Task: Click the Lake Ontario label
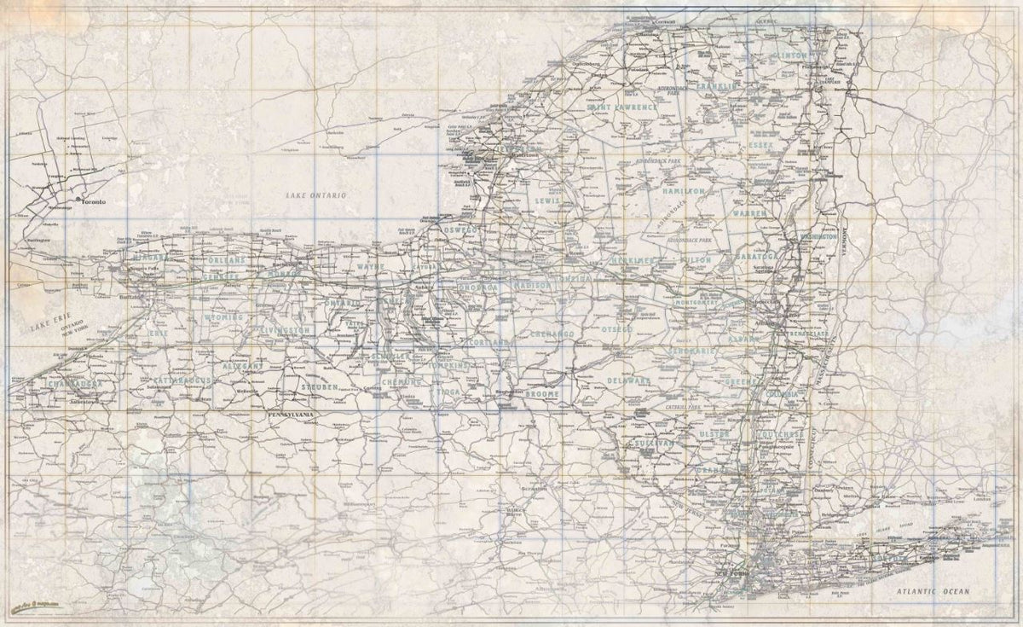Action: [317, 196]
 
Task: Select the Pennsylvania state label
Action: [292, 415]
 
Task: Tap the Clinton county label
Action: [789, 55]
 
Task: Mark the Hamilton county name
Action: [682, 192]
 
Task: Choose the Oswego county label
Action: [463, 230]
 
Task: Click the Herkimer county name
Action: [632, 260]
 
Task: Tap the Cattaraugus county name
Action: [170, 376]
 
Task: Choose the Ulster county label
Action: [713, 435]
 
